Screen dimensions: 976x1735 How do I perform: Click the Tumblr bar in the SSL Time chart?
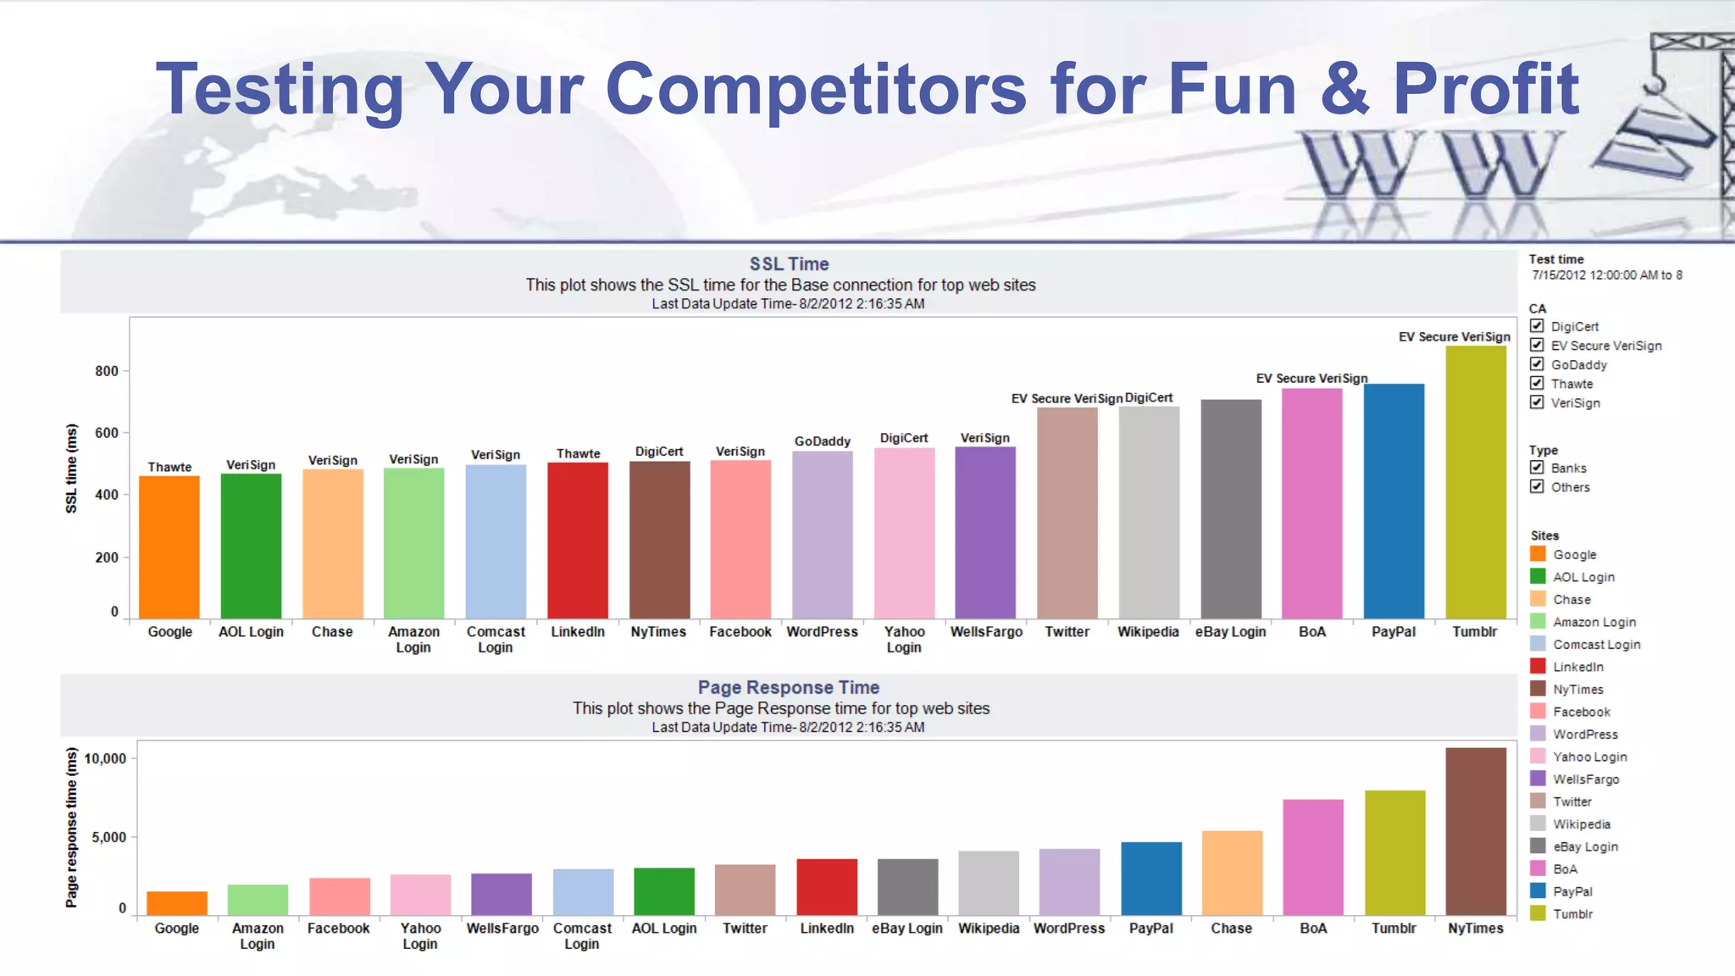tap(1475, 483)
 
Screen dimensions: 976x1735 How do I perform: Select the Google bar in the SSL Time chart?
tap(169, 547)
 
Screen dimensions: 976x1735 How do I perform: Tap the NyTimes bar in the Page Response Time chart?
tap(1475, 830)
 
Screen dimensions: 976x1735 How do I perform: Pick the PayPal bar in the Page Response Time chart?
tap(1150, 878)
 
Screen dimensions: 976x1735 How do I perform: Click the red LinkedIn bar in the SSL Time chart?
tap(578, 541)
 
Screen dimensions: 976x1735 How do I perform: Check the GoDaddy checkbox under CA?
tap(1537, 364)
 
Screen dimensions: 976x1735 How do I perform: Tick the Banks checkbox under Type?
tap(1537, 468)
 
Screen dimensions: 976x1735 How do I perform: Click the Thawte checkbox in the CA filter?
tap(1537, 384)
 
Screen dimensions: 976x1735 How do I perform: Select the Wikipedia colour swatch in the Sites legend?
tap(1538, 823)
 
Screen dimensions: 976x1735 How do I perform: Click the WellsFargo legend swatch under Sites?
tap(1538, 779)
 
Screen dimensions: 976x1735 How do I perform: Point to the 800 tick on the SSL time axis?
tap(107, 371)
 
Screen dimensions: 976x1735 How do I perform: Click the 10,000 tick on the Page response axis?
tap(105, 758)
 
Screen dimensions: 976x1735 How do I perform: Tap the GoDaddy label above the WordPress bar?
tap(822, 441)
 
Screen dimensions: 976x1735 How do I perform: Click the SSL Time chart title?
tap(789, 264)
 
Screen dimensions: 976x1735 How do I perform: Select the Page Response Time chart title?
tap(788, 688)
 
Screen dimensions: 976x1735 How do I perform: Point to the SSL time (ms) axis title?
tap(72, 469)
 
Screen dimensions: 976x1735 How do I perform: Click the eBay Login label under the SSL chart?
tap(1230, 632)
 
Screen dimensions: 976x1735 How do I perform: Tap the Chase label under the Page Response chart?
tap(1231, 929)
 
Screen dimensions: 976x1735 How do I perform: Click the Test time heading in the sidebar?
tap(1556, 259)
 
